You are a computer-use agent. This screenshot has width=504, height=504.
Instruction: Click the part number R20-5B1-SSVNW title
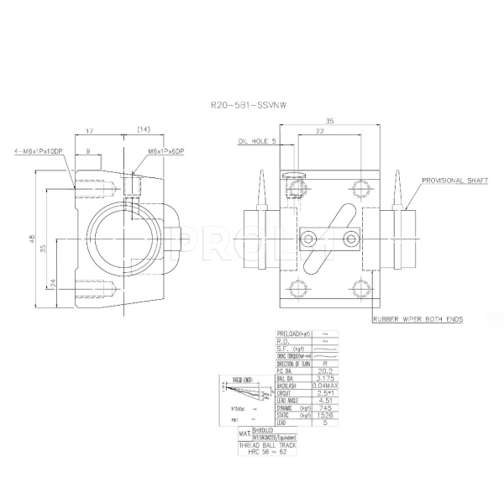coord(251,106)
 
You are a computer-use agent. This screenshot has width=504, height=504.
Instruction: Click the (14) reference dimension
coord(143,129)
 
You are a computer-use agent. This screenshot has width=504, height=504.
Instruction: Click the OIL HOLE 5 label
coord(257,141)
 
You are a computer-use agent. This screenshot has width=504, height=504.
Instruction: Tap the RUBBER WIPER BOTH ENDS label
coord(418,320)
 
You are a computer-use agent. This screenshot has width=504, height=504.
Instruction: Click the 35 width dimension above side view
coord(328,121)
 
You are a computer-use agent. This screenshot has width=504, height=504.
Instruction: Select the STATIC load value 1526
coord(324,414)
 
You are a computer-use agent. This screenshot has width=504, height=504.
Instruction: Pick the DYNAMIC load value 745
coord(324,406)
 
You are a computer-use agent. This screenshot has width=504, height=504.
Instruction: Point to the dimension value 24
coord(52,283)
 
